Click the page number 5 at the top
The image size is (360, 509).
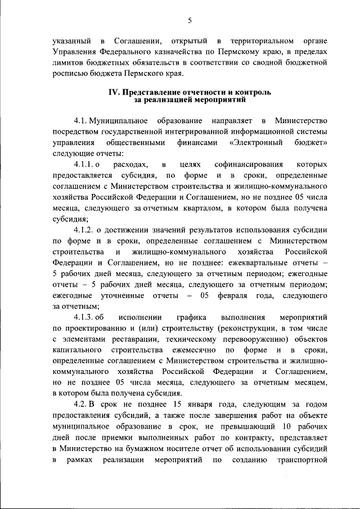[190, 21]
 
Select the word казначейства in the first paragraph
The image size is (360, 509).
[169, 51]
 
